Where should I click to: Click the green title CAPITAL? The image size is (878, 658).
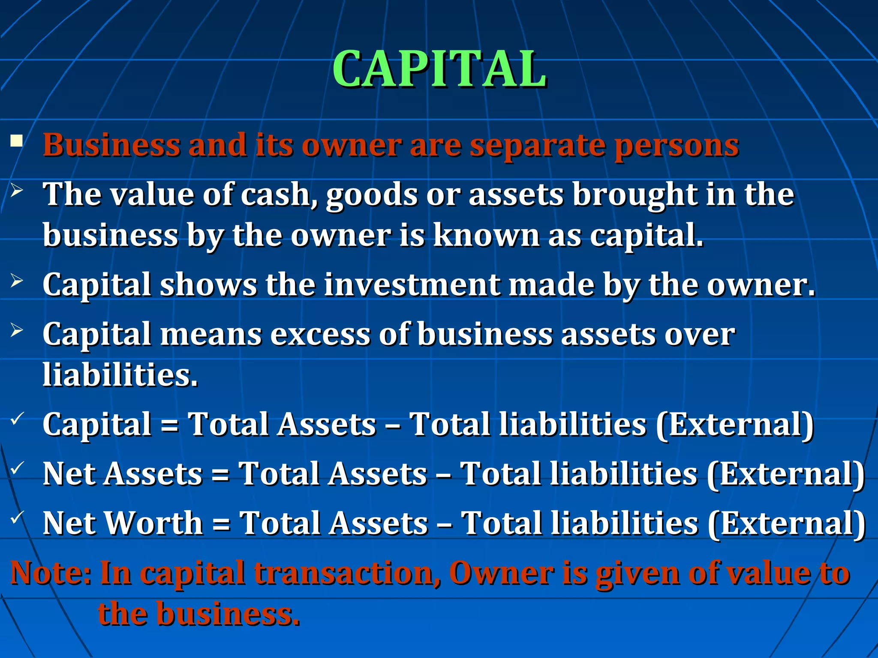439,69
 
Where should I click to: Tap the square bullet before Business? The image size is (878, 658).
17,141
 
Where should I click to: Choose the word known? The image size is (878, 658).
486,235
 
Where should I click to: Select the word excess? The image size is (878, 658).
320,334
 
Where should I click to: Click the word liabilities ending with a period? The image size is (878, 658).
120,374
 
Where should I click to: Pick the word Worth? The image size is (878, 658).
154,523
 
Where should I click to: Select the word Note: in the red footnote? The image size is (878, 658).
51,573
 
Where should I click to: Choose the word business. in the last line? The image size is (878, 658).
228,613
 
